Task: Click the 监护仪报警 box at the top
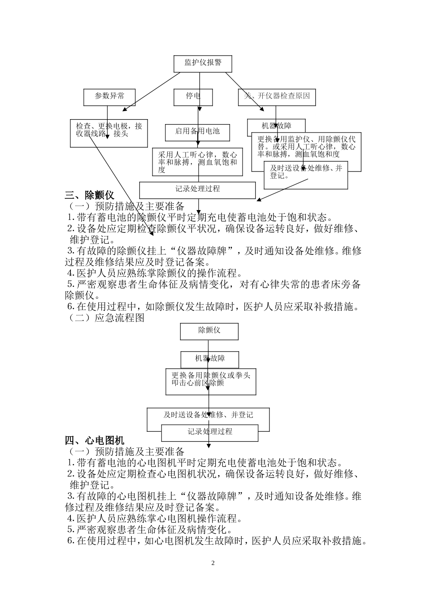click(203, 63)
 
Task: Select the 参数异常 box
click(109, 97)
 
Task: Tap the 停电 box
click(193, 97)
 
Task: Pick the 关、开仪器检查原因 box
click(277, 97)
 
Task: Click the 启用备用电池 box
click(197, 132)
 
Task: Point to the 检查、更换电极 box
click(109, 133)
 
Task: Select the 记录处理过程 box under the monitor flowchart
click(197, 189)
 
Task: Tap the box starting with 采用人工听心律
click(197, 162)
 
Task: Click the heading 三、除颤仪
click(90, 195)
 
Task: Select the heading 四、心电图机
click(95, 441)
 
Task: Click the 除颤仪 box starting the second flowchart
click(209, 331)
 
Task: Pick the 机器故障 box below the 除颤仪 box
click(209, 359)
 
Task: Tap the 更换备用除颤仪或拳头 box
click(211, 382)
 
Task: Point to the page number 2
click(213, 563)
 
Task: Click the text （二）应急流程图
click(105, 318)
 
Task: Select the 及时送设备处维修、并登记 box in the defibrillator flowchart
click(209, 415)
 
